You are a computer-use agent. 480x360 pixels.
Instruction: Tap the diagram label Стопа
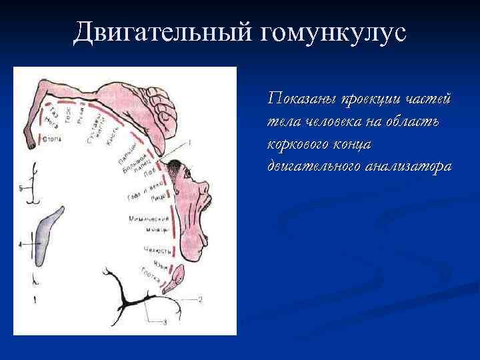tap(52, 140)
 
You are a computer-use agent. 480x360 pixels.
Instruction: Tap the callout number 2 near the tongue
tap(199, 299)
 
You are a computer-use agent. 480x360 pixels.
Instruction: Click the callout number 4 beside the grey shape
tap(21, 245)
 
